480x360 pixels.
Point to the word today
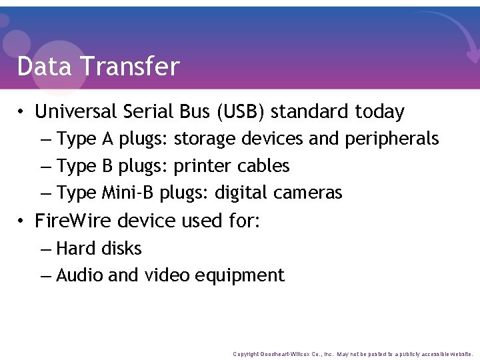(379, 111)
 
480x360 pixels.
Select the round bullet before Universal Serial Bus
(22, 112)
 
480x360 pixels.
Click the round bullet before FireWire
(22, 221)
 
